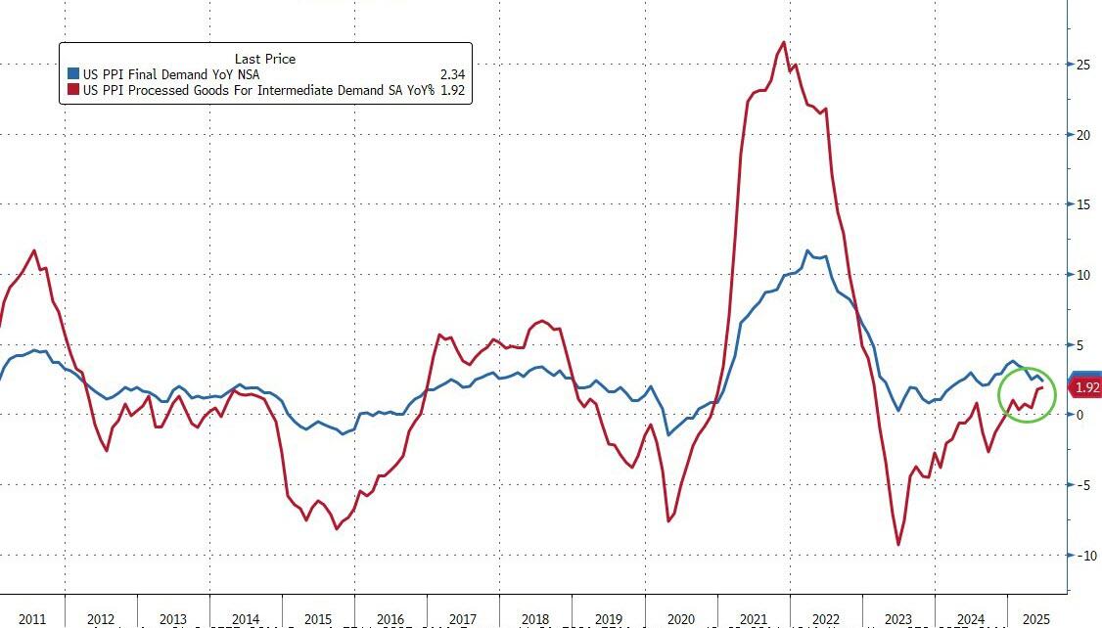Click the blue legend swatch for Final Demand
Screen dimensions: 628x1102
(x=72, y=73)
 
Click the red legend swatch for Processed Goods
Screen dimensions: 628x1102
(x=72, y=90)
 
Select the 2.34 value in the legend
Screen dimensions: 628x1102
(x=453, y=73)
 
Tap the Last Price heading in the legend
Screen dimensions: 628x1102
(x=265, y=59)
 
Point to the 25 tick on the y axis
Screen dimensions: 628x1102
(x=1083, y=65)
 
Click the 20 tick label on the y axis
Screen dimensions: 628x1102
(x=1083, y=135)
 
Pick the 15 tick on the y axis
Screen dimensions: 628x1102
(x=1083, y=204)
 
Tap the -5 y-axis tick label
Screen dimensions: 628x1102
(x=1083, y=484)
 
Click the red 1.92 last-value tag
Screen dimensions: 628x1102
(x=1087, y=388)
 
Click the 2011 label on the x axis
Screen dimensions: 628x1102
(x=32, y=619)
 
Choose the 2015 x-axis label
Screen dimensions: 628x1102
(x=318, y=619)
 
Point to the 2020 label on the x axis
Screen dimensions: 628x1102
(x=680, y=619)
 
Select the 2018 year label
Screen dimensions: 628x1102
(x=535, y=619)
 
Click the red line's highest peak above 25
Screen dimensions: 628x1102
(x=784, y=42)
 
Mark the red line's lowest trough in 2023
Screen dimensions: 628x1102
(x=898, y=545)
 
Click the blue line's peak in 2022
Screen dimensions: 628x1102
(x=807, y=251)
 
